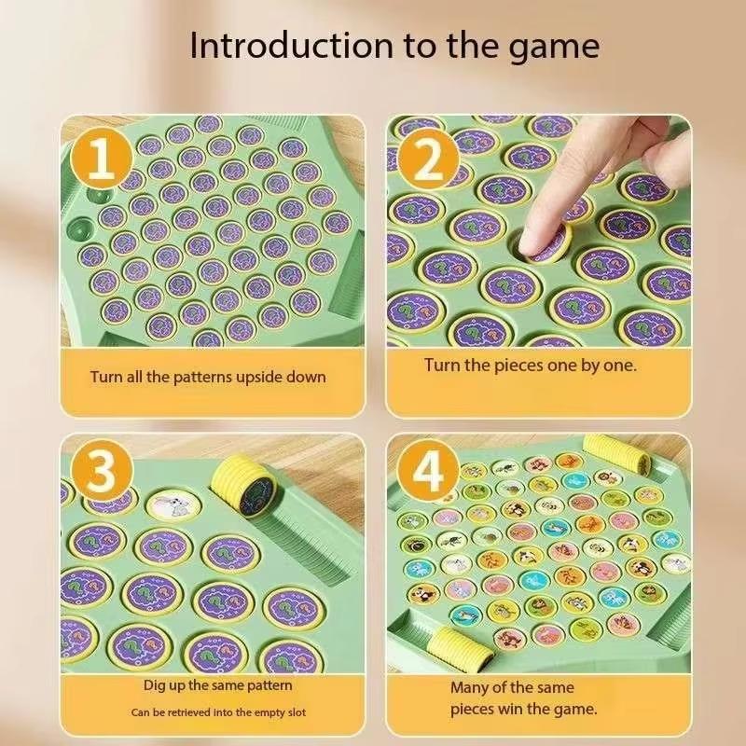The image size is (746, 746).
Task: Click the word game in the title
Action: click(552, 47)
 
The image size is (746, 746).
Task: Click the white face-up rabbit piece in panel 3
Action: click(169, 504)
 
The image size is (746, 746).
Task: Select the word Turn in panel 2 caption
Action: click(444, 365)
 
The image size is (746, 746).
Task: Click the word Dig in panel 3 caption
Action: click(155, 685)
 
